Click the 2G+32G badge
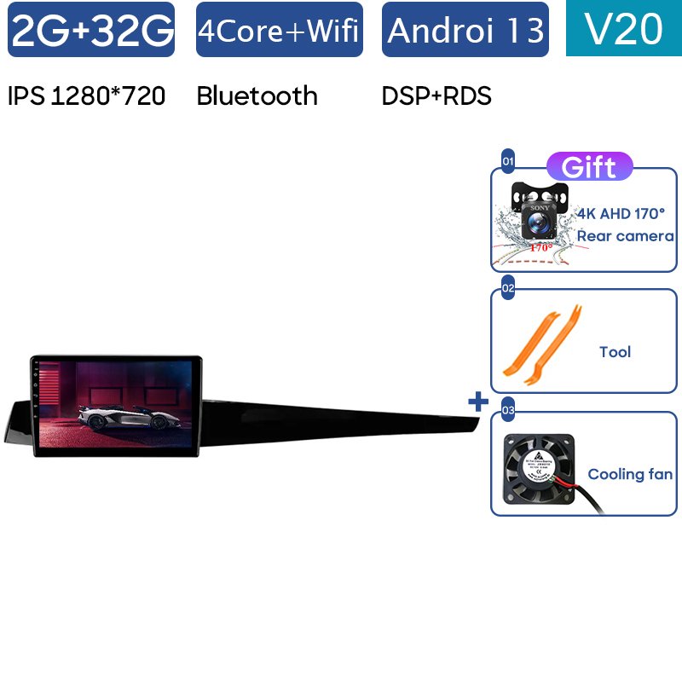click(x=91, y=30)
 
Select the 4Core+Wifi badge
click(x=279, y=30)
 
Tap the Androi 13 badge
click(x=465, y=30)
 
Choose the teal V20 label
click(x=624, y=29)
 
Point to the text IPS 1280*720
click(x=86, y=96)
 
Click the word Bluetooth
click(x=257, y=96)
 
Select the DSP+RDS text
click(x=436, y=96)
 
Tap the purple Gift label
click(x=589, y=167)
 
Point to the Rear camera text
click(x=625, y=236)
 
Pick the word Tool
click(x=615, y=351)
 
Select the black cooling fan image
click(x=539, y=471)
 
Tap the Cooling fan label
click(x=630, y=474)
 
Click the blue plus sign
click(x=478, y=401)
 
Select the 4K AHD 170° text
click(x=621, y=215)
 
